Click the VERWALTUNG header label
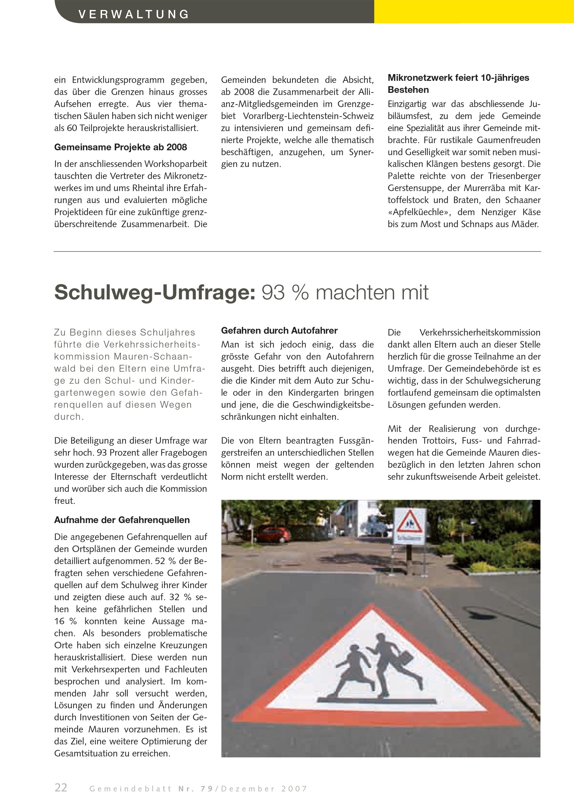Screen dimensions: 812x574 click(x=134, y=14)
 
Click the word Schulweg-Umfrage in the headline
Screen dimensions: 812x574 click(x=155, y=293)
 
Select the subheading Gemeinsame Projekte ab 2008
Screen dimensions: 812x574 click(x=120, y=147)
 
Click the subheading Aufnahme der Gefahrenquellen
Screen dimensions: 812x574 click(x=122, y=520)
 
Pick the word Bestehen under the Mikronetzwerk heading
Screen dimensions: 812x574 click(x=408, y=90)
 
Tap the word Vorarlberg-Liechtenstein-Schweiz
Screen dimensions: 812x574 click(x=308, y=116)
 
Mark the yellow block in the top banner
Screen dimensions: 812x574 click(x=474, y=11)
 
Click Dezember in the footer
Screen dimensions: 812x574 click(x=248, y=789)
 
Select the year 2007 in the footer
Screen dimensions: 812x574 click(x=294, y=789)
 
